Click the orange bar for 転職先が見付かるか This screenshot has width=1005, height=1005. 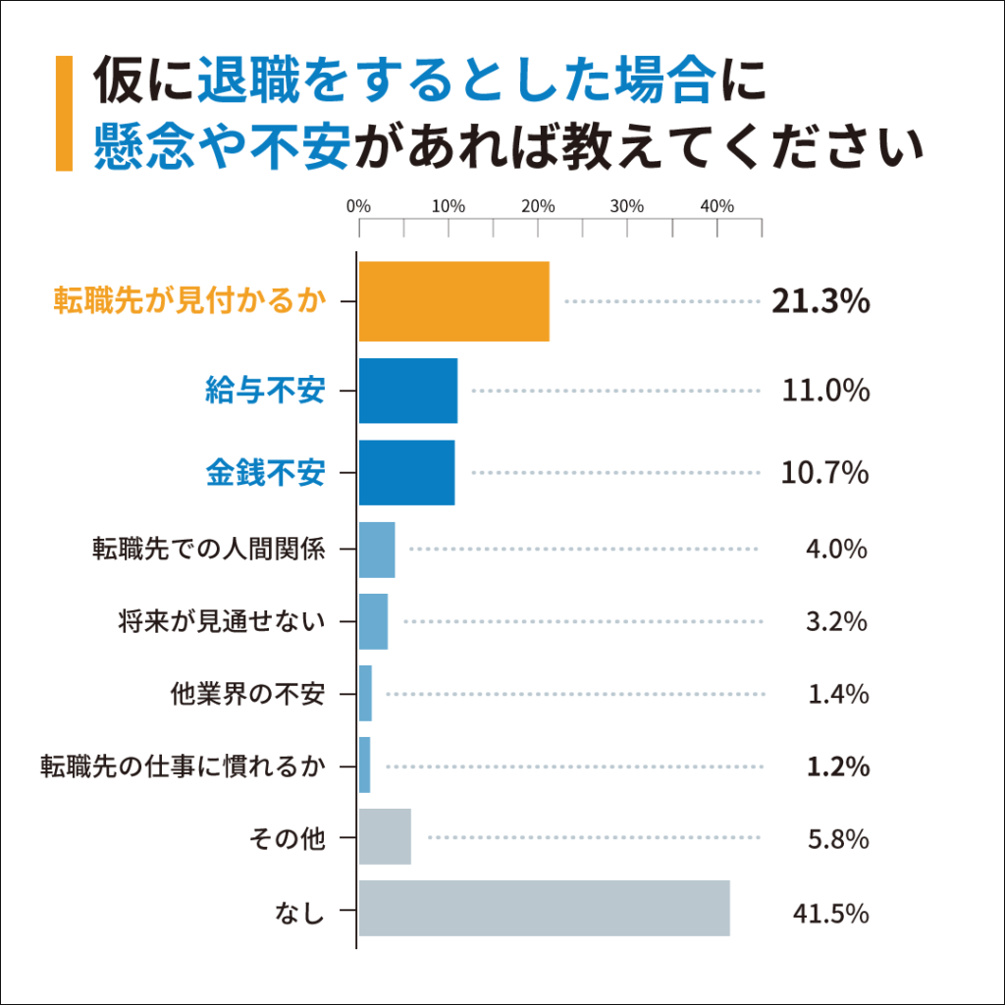point(453,301)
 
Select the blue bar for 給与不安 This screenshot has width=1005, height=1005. point(408,391)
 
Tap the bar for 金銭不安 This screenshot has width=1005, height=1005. point(406,473)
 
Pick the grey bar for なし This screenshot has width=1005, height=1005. point(544,908)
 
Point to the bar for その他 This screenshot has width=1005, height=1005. point(385,837)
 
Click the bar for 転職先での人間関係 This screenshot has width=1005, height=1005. point(377,550)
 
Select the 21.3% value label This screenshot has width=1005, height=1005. point(820,302)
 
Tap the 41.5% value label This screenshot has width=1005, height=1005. point(830,913)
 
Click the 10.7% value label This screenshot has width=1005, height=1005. point(824,473)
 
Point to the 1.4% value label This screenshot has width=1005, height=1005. point(838,694)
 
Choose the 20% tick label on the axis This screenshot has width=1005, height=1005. point(538,206)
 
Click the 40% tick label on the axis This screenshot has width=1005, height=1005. point(717,206)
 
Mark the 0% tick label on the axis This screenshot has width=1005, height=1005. point(359,206)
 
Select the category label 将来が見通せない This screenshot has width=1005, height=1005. point(221,621)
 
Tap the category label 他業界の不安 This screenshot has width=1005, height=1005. point(246,694)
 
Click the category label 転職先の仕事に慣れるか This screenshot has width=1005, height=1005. point(182,766)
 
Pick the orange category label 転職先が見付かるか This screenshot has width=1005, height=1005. point(188,301)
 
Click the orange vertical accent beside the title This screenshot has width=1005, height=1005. point(64,114)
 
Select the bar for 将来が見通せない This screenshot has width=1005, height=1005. point(373,621)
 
